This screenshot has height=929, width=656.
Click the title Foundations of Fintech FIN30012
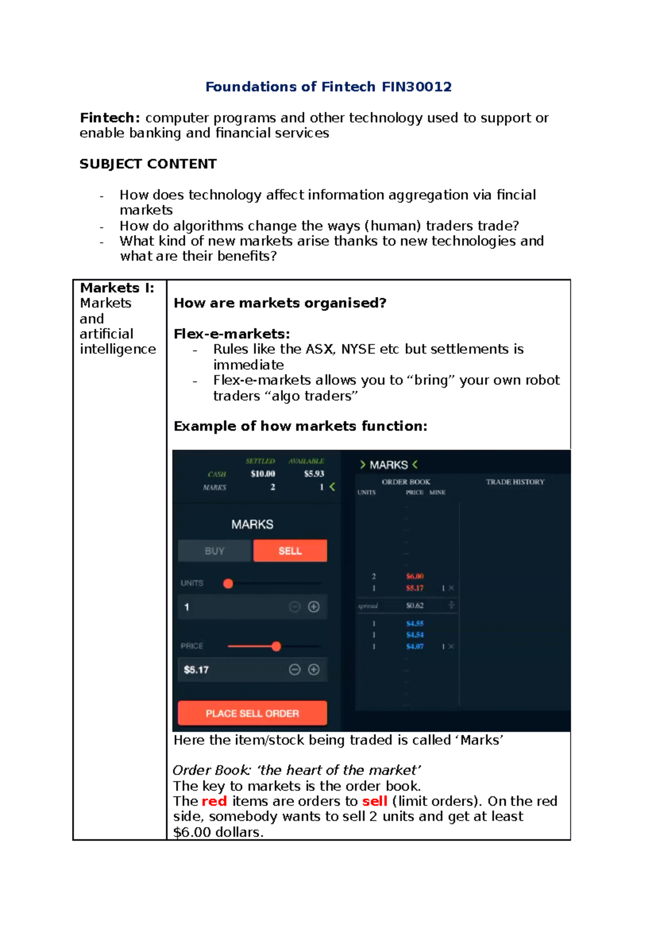(x=328, y=87)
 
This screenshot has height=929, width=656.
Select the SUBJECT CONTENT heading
(x=148, y=164)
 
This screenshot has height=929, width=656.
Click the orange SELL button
(x=290, y=551)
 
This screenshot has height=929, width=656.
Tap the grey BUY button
(x=214, y=551)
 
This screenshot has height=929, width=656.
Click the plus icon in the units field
(x=314, y=607)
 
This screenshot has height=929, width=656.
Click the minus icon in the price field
(x=295, y=670)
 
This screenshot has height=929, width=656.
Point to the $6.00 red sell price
(x=415, y=576)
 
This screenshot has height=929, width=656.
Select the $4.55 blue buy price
(x=415, y=624)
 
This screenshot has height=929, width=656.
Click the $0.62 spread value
(x=415, y=606)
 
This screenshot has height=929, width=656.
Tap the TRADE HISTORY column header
(x=515, y=482)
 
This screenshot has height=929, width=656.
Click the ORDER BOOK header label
(x=406, y=482)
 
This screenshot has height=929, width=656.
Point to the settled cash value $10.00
(x=263, y=474)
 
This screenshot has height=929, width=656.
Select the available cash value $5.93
(x=314, y=474)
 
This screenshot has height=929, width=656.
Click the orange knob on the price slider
(x=276, y=647)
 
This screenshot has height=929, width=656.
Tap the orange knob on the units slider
(x=229, y=584)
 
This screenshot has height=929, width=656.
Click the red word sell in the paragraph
(x=374, y=802)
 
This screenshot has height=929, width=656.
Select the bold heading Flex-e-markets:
(x=232, y=334)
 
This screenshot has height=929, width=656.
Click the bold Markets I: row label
(x=117, y=288)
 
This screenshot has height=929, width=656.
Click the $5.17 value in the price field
(x=196, y=670)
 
